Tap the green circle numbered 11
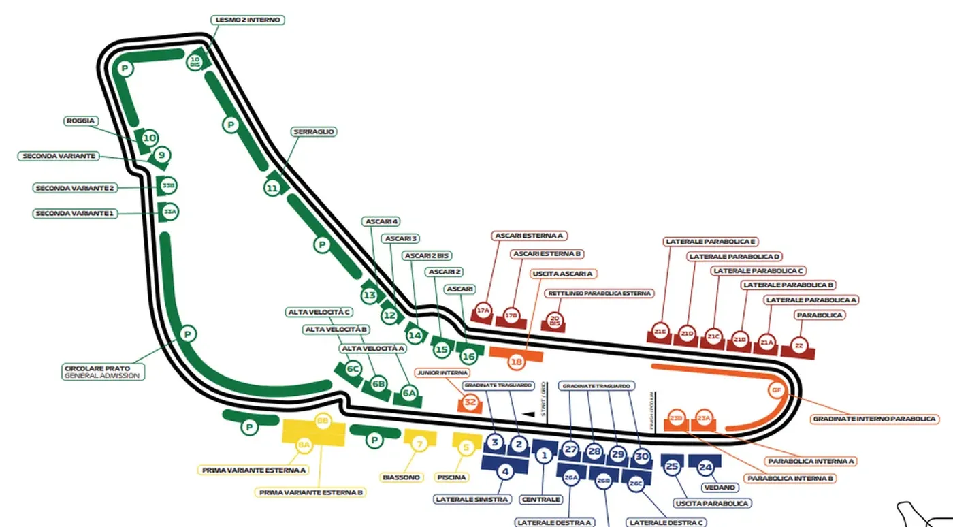click(x=272, y=188)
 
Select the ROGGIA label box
click(x=80, y=121)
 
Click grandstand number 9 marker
click(x=161, y=156)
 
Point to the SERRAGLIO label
click(x=314, y=131)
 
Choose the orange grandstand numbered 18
click(x=516, y=362)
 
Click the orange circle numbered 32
click(x=470, y=402)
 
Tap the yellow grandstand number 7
click(x=420, y=444)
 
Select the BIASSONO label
click(x=402, y=477)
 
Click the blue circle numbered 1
click(x=543, y=455)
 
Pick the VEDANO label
click(x=720, y=488)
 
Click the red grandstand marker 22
click(x=799, y=347)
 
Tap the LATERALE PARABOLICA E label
click(x=711, y=242)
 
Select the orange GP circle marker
click(x=776, y=390)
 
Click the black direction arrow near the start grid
click(x=526, y=413)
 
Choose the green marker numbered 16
click(x=468, y=356)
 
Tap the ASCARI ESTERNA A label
click(x=530, y=236)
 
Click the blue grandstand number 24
click(x=705, y=467)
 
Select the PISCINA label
click(x=452, y=477)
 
